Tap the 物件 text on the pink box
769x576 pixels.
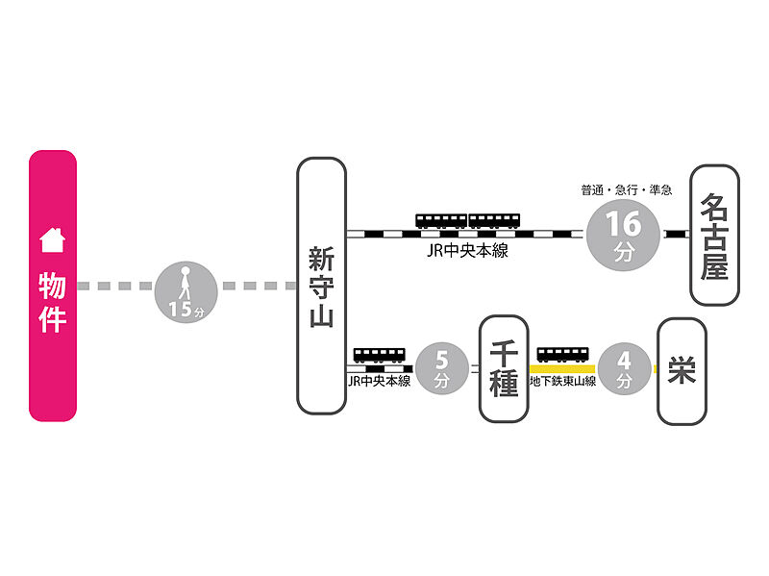(52, 302)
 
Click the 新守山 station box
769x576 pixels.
(321, 286)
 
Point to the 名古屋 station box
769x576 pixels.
(714, 235)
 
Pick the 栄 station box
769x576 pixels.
(682, 370)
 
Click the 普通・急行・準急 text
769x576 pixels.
(626, 189)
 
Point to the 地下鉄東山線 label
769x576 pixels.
(563, 382)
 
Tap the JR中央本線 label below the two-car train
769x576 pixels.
(468, 251)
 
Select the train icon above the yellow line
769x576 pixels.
(562, 354)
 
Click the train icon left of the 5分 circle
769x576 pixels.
(379, 354)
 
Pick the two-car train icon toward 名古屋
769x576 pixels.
(468, 220)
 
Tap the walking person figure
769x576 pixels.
(183, 282)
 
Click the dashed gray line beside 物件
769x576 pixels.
(115, 287)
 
